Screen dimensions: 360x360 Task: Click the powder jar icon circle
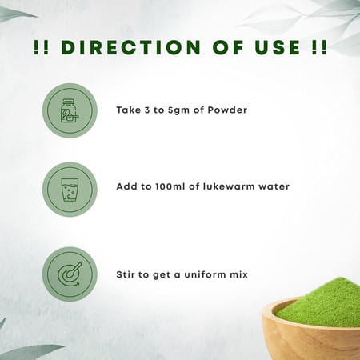(70, 110)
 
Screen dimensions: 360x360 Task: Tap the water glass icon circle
(70, 190)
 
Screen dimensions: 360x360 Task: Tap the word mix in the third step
(240, 274)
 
